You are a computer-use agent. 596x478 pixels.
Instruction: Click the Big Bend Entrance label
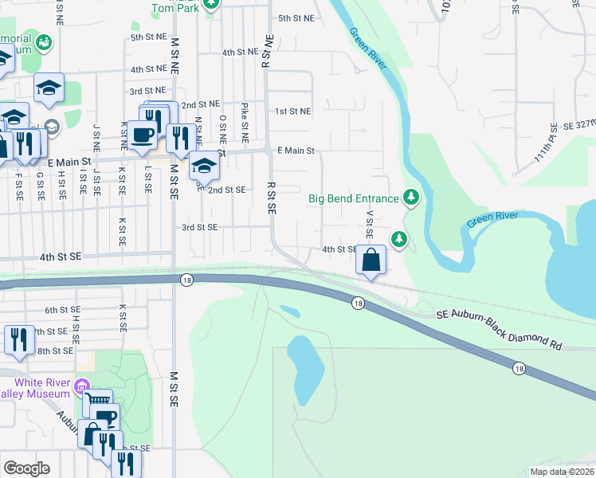click(353, 198)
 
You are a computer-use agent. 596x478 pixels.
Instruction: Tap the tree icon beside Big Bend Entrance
click(411, 196)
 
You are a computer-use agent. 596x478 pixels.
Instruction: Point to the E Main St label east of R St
click(296, 151)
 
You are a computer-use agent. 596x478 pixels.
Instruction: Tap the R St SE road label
click(271, 198)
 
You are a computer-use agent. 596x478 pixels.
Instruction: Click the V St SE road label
click(369, 225)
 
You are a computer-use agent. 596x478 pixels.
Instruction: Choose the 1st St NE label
click(292, 112)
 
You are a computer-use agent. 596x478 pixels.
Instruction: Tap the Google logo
click(26, 468)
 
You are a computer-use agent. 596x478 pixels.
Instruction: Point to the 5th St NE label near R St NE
click(296, 17)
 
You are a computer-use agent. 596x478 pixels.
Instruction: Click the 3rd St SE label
click(199, 227)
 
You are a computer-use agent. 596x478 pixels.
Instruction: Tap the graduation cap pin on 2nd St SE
click(204, 167)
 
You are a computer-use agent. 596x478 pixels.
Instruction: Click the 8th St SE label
click(55, 351)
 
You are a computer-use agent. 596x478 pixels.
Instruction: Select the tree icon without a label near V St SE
click(399, 239)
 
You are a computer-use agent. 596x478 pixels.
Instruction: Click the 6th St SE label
click(63, 310)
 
